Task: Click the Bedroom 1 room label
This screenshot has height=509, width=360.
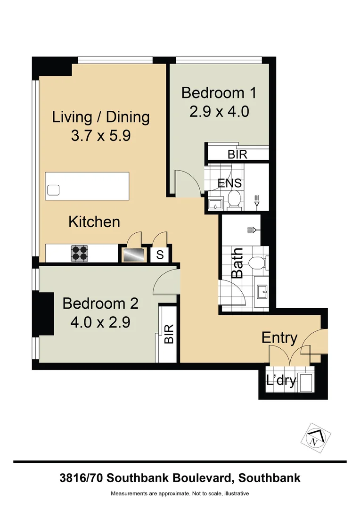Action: click(219, 92)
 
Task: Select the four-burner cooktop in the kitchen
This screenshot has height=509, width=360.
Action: click(80, 254)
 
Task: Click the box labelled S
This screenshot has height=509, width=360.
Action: click(160, 255)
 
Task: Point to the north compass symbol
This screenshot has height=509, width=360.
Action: click(313, 435)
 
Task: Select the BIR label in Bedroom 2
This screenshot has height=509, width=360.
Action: click(168, 334)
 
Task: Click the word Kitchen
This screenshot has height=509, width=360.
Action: click(94, 222)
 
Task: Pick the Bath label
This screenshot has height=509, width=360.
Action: click(237, 263)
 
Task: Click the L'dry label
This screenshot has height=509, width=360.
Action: click(281, 380)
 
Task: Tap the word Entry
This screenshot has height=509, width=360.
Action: click(279, 338)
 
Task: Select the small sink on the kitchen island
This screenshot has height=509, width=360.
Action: click(53, 190)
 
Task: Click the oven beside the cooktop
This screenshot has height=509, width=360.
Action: click(134, 255)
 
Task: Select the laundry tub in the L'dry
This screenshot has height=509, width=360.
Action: click(305, 382)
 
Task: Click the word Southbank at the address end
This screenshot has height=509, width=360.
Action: click(270, 478)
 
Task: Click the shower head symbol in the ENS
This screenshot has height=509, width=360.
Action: click(257, 201)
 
